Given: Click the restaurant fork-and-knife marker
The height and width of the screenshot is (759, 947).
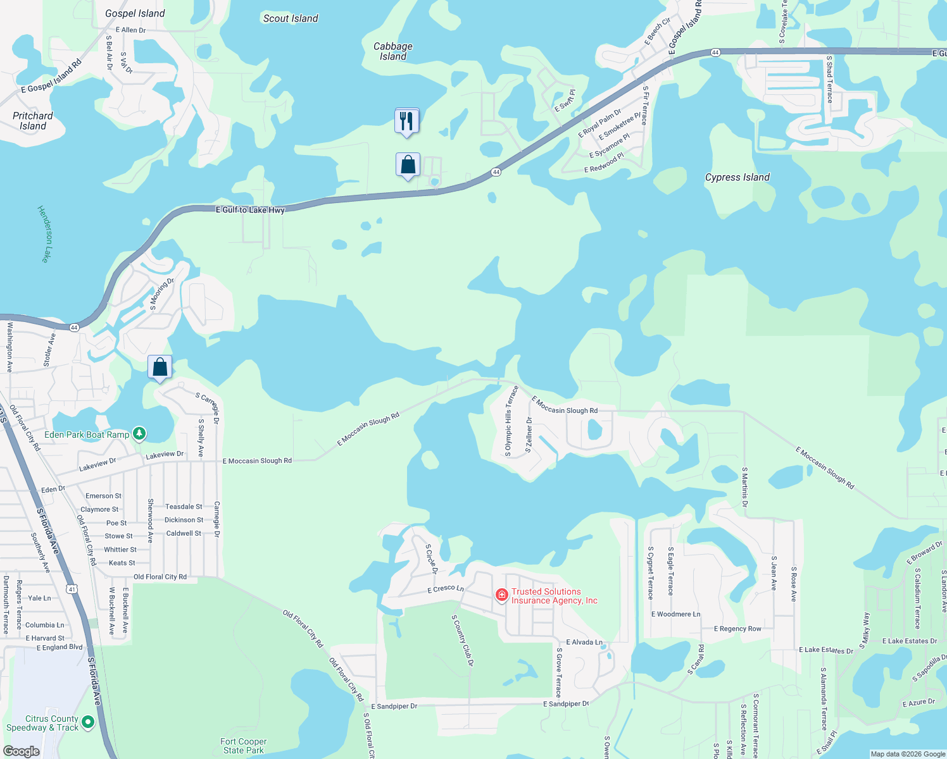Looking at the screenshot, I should point(406,120).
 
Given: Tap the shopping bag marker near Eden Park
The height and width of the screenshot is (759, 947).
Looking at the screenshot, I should point(160,367).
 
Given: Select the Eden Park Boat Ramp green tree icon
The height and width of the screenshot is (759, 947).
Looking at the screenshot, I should point(139,434).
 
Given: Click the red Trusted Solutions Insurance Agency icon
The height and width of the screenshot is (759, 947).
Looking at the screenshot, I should point(502,595).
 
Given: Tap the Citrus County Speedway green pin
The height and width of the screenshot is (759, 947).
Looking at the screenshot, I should point(88,722).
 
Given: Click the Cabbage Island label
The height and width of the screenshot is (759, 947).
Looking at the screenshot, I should point(393,51).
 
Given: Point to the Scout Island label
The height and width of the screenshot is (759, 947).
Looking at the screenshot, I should point(291,18).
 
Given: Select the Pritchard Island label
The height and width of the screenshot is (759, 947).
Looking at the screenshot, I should point(33,121).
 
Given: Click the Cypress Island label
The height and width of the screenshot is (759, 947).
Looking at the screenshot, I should point(737,177).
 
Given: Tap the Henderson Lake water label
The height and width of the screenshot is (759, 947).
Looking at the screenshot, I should point(44,233).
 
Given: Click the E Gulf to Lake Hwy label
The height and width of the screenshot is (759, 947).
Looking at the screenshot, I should point(250,209).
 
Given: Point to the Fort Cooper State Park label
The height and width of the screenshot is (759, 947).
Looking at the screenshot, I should point(244,746).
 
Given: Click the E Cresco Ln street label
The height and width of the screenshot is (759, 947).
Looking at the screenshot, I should point(446,589).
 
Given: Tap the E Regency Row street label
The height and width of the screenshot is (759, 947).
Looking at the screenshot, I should point(737,629).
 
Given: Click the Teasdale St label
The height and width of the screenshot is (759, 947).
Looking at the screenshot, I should point(184,507).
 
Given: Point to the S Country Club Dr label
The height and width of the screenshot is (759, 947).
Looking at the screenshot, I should point(462,640).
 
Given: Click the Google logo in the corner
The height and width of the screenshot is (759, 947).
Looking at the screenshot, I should point(21,751).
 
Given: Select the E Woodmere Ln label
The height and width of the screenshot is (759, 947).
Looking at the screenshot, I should point(675,614).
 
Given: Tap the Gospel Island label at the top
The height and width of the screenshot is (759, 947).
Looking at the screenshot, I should point(135,13).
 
